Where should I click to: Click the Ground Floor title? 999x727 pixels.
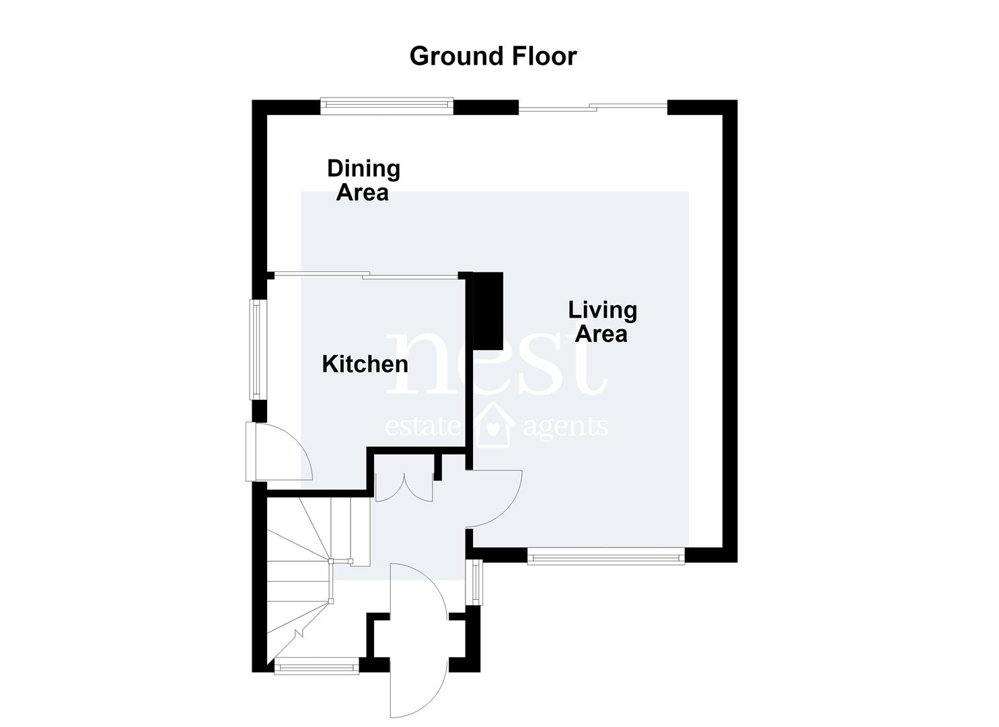(x=493, y=57)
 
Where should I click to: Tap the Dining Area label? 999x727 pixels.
(x=363, y=180)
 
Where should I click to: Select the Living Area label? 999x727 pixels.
(x=602, y=322)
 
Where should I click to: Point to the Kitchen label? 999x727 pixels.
(x=365, y=364)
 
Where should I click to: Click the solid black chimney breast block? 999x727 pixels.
(x=488, y=311)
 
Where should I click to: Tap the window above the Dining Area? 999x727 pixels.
(x=387, y=104)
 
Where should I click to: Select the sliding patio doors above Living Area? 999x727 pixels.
(x=593, y=107)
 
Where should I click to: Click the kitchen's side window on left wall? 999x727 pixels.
(x=257, y=349)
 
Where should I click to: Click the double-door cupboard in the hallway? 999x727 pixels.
(x=404, y=488)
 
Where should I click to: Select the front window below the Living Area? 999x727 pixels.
(x=605, y=557)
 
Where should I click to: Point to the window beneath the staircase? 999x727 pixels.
(x=317, y=666)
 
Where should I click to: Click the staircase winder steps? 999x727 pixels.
(x=312, y=580)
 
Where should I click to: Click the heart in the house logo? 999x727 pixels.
(x=493, y=429)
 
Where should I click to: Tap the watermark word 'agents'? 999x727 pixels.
(x=566, y=427)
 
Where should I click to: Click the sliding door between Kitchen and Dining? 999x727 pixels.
(x=366, y=275)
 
